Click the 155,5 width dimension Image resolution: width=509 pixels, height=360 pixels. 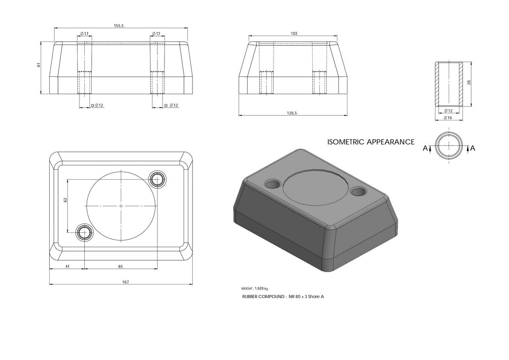point(119,26)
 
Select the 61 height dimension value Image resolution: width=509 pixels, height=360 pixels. point(39,65)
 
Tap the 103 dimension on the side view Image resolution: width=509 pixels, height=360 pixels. point(294,33)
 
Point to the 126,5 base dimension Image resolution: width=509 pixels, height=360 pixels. point(292,113)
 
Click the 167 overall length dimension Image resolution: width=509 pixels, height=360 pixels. point(126,282)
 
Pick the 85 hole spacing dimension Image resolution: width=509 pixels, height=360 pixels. point(120,266)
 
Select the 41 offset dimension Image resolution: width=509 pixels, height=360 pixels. point(67,266)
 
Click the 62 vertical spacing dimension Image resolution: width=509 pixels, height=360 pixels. point(65,200)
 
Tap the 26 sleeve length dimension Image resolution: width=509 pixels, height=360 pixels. point(469,82)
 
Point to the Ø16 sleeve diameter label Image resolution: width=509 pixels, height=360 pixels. point(448,117)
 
